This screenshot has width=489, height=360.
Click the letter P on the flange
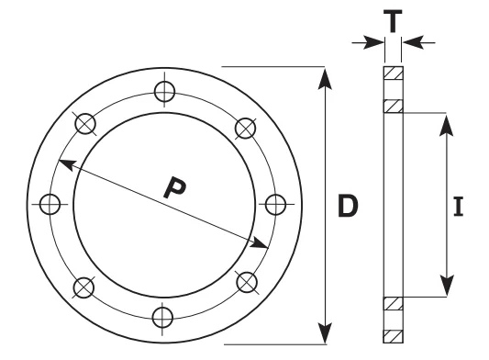click(x=174, y=187)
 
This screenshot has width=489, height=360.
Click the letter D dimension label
click(x=348, y=206)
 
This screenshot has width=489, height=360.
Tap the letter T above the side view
click(x=393, y=21)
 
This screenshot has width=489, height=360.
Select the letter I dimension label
click(x=458, y=207)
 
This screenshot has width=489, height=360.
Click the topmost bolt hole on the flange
click(x=164, y=92)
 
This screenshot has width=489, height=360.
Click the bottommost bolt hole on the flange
click(x=162, y=317)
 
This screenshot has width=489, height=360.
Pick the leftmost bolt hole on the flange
click(x=50, y=204)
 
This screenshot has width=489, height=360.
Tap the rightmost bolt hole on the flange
click(x=275, y=205)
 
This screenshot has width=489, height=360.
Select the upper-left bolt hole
click(x=85, y=124)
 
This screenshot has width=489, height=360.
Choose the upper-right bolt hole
click(x=246, y=128)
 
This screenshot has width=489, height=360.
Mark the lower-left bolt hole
click(x=83, y=287)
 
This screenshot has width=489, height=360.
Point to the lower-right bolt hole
click(x=247, y=282)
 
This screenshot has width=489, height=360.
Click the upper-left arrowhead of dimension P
click(x=67, y=164)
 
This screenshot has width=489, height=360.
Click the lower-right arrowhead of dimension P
click(x=259, y=243)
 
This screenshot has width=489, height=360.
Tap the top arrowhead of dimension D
click(x=325, y=79)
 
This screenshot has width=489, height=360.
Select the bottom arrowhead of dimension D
click(x=325, y=333)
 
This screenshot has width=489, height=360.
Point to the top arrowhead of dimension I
click(x=446, y=125)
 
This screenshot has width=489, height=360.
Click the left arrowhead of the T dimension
click(x=373, y=42)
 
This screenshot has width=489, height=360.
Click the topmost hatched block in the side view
click(x=394, y=73)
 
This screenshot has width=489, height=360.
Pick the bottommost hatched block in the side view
click(x=394, y=336)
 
